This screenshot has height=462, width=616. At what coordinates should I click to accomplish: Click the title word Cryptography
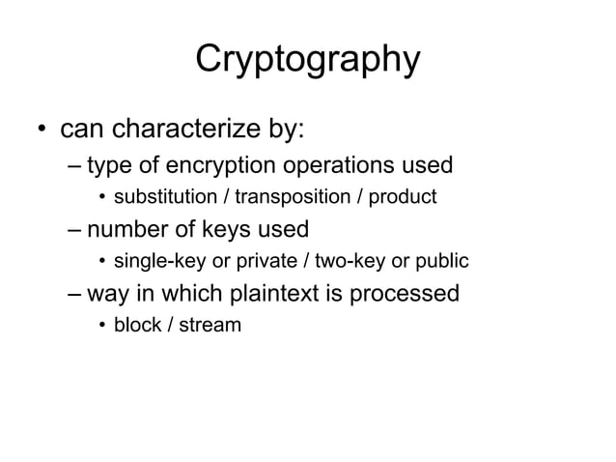307,60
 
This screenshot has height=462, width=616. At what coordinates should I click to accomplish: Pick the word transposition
291,198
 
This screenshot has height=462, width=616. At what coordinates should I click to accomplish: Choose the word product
401,198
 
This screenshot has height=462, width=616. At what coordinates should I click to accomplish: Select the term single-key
157,262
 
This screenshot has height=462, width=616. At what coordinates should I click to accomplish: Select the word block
136,325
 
